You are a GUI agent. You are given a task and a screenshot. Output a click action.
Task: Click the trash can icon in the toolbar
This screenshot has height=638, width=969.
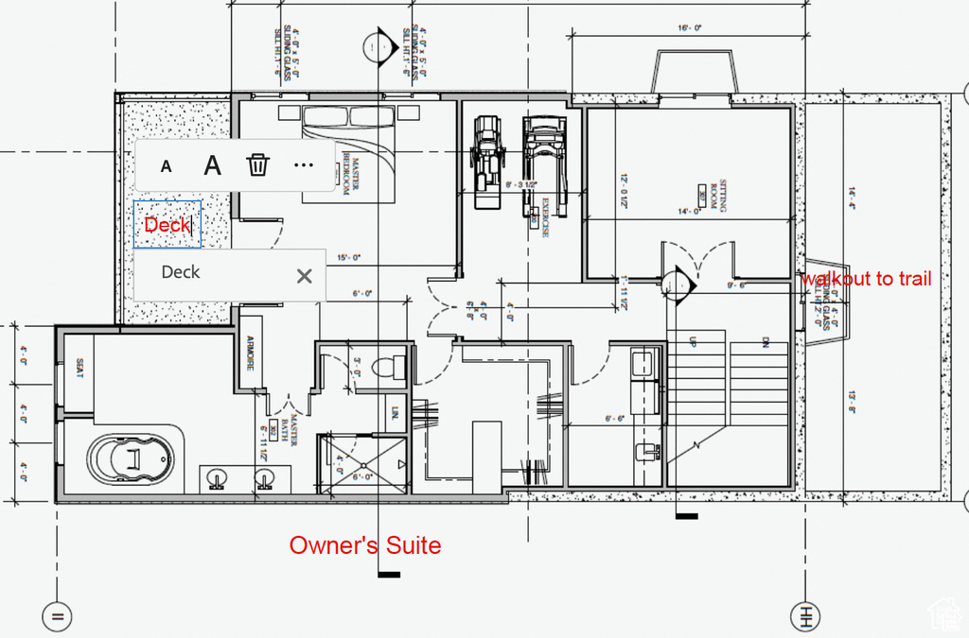[257, 165]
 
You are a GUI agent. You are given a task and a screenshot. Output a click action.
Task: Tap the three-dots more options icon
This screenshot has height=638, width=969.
[303, 165]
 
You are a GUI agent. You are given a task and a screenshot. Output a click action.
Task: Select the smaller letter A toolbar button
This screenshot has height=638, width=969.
[167, 166]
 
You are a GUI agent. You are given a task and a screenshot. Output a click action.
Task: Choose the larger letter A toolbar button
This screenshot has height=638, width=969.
[213, 165]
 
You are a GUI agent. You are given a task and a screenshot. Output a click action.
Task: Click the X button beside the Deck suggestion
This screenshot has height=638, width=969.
[304, 276]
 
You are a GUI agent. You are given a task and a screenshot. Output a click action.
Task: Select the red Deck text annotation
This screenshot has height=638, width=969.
[167, 225]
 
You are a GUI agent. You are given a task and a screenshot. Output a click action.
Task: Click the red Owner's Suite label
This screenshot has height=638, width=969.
[364, 545]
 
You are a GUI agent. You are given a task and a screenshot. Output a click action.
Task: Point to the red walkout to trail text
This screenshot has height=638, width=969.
[866, 279]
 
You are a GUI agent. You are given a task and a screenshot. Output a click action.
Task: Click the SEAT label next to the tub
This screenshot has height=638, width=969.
[79, 368]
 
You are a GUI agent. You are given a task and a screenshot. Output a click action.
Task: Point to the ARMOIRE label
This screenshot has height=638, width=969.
[251, 353]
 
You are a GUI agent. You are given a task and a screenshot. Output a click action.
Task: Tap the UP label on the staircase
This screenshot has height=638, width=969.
[693, 340]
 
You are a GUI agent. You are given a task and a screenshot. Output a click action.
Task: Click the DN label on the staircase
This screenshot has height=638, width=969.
[763, 341]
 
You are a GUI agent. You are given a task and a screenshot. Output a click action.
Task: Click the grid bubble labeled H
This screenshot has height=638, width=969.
[805, 615]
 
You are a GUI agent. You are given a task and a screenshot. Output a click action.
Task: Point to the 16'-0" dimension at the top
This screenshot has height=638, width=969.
[690, 28]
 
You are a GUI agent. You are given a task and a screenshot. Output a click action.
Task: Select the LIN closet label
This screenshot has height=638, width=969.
[394, 413]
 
